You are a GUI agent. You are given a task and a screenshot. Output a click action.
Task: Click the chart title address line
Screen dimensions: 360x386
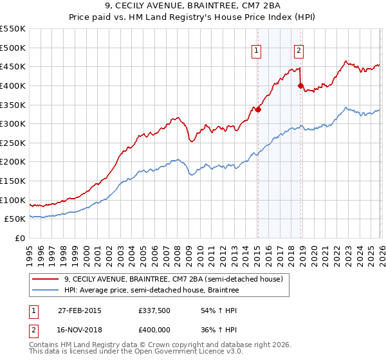(193, 7)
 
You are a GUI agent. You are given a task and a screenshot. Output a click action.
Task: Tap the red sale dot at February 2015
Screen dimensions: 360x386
(258, 109)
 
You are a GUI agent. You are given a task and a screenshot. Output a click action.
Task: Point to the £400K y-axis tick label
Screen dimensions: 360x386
(13, 85)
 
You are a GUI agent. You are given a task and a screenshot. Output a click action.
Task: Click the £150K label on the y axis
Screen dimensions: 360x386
(13, 181)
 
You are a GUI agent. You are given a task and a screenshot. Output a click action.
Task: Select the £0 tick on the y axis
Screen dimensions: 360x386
(21, 238)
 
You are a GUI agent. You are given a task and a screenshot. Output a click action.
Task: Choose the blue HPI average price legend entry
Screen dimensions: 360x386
(151, 291)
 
